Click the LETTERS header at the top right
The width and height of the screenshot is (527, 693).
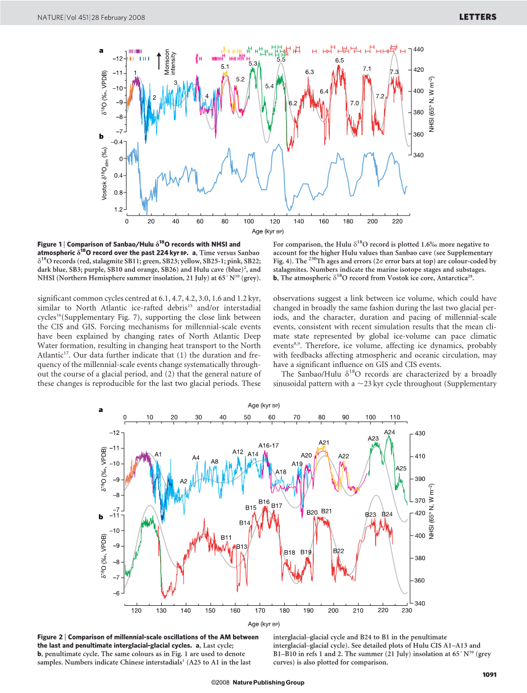click(477, 17)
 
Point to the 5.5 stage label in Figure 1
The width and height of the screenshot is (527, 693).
click(281, 59)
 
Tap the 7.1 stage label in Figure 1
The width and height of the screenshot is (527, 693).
click(367, 69)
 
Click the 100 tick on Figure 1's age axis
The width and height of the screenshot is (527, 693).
click(249, 221)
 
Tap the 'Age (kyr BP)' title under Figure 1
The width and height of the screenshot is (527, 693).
click(268, 231)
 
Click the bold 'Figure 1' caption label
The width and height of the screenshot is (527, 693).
click(50, 244)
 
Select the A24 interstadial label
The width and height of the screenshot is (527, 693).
click(390, 432)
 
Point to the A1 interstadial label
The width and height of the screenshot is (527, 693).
click(159, 454)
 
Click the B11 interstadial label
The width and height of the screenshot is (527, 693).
click(226, 537)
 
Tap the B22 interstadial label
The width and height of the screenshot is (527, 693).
click(338, 551)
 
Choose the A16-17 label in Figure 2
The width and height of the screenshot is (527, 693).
click(268, 445)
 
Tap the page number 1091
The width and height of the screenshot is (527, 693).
click(489, 675)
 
